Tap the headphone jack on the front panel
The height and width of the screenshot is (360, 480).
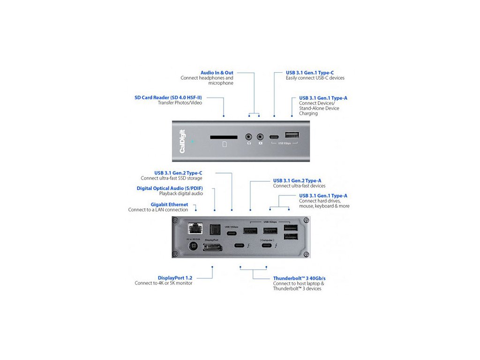[x=249, y=137]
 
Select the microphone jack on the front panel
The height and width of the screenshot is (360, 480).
[x=260, y=137]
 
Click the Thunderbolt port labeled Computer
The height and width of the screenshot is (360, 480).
[x=267, y=245]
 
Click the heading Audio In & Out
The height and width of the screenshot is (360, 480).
[x=217, y=73]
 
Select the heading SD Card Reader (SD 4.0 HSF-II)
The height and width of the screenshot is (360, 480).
[x=168, y=97]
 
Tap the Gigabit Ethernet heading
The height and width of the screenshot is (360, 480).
[x=169, y=204]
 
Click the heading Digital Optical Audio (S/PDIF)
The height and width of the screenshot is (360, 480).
[x=169, y=188]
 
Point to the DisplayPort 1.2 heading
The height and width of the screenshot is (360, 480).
[x=175, y=277]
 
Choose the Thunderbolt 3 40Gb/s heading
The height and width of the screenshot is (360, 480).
[x=300, y=278]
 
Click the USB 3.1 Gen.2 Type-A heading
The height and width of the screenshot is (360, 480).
[x=300, y=180]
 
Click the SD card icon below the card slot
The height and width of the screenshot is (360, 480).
[x=225, y=145]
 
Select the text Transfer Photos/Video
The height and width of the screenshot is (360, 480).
[x=180, y=103]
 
